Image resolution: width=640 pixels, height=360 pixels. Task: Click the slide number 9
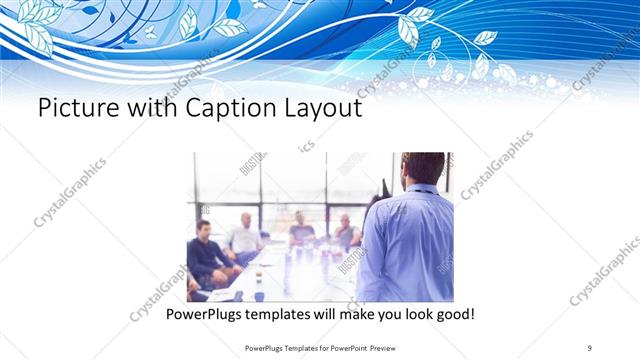pos(590,347)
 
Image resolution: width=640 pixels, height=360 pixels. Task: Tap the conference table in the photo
pos(290,275)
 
